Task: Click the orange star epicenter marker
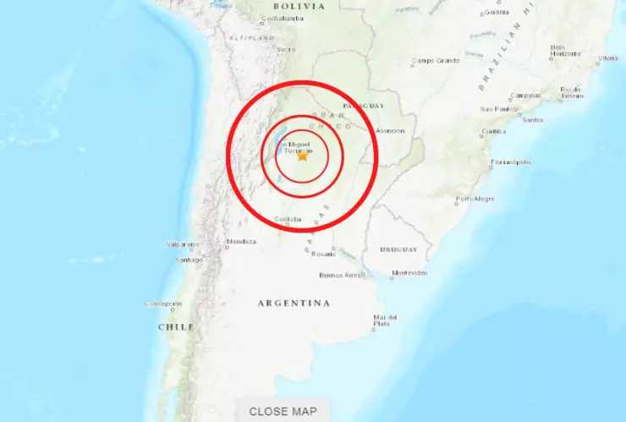coord(303,156)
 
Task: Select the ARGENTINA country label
coord(294,303)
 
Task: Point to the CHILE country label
coord(176,326)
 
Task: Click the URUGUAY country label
coord(398,249)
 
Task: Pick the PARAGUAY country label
coord(364,106)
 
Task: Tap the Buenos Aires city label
coord(341,275)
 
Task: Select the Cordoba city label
coord(287,218)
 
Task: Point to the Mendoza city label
coord(240,241)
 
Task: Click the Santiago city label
coord(189,260)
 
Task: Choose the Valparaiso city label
coord(182,244)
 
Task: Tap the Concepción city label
coord(164,304)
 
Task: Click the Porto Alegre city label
coord(475,199)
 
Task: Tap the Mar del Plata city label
coord(382,321)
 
